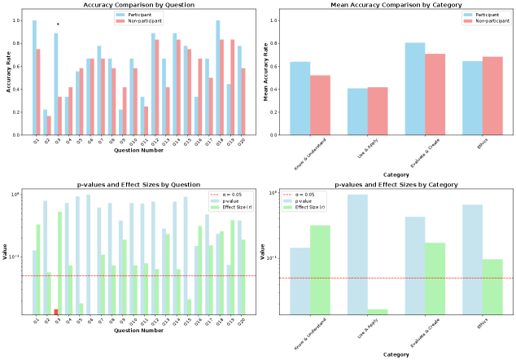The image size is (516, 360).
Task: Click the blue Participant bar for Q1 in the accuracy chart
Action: tap(34, 77)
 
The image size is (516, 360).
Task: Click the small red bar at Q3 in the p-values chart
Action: tap(56, 311)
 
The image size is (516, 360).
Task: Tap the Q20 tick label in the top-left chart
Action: tap(239, 142)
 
